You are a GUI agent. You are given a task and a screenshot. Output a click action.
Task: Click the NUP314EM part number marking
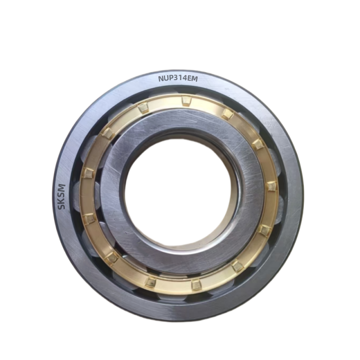coord(178,79)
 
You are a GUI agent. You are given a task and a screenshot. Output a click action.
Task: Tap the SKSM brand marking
coord(62,197)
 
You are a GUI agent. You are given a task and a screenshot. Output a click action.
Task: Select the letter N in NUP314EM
coord(161,79)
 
